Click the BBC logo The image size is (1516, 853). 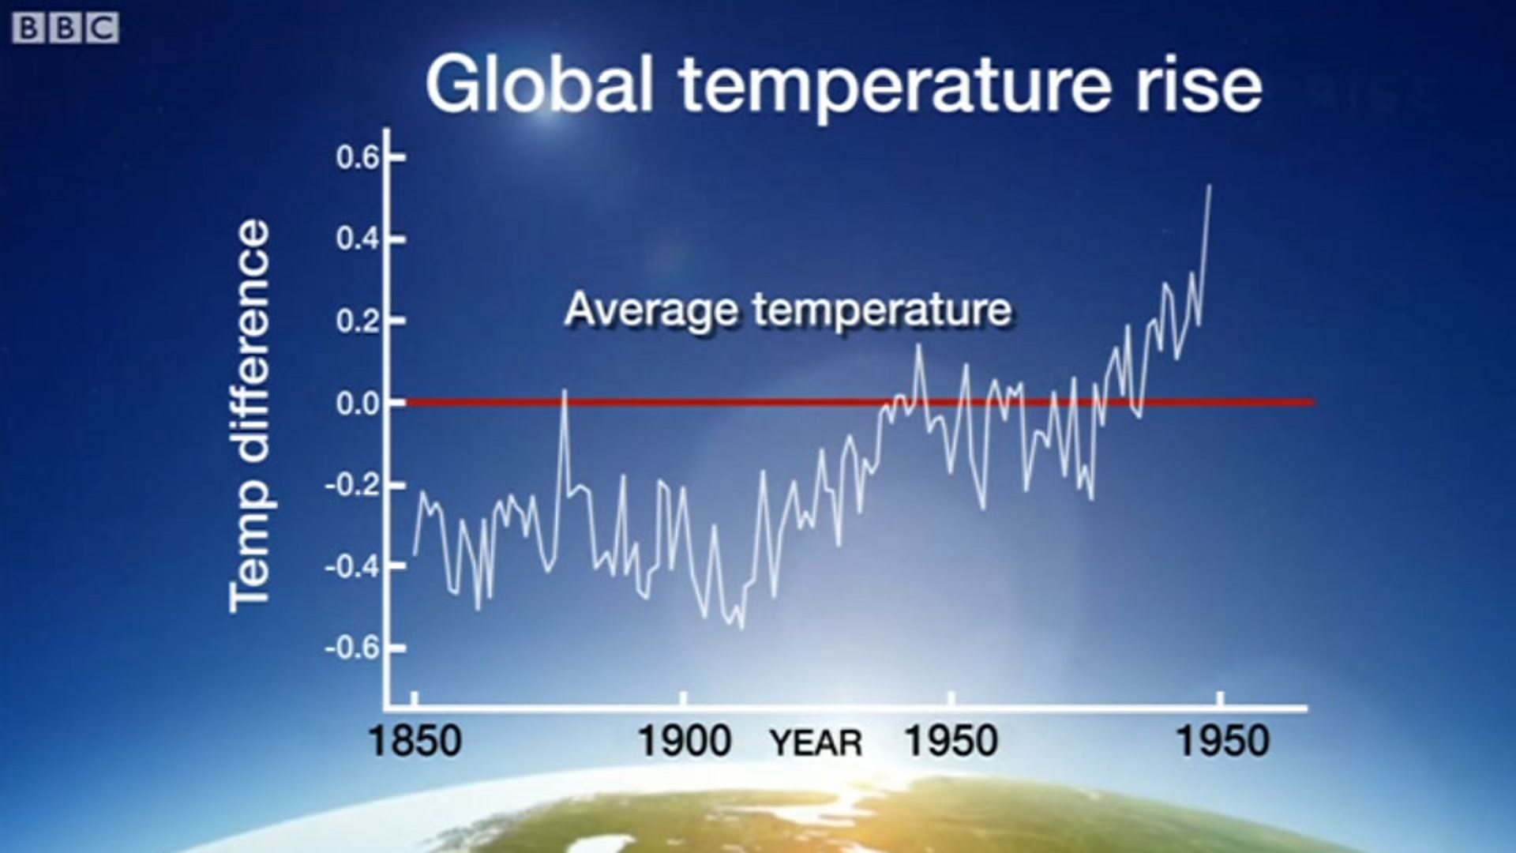pos(66,29)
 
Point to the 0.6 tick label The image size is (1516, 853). pos(358,158)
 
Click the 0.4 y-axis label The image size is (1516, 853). pos(358,239)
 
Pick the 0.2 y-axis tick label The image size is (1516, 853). pos(358,321)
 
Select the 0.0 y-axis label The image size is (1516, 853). pos(358,404)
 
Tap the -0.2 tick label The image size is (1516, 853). pos(353,485)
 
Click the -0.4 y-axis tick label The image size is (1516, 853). pos(353,567)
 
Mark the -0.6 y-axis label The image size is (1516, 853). pos(353,648)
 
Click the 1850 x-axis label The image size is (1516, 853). pos(415,742)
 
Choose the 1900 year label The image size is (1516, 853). pos(685,742)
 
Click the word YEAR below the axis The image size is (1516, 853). pos(816,743)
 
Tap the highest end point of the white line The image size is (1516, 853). pos(1210,186)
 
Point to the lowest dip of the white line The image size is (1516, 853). pos(741,628)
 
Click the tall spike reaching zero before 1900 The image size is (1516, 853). pos(565,390)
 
